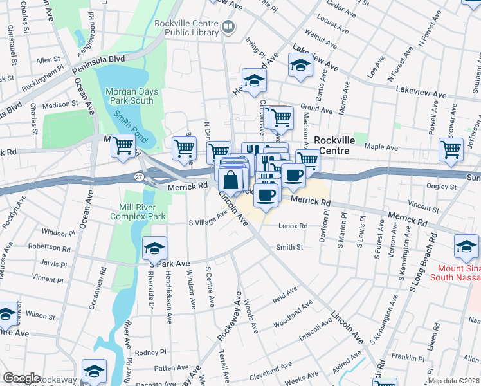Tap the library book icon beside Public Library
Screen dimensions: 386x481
point(228,26)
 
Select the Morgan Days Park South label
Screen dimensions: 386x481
point(129,95)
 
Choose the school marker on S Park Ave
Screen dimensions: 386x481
point(155,248)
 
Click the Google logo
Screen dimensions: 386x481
point(22,378)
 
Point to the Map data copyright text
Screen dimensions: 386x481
point(454,381)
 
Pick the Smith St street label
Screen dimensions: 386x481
point(289,247)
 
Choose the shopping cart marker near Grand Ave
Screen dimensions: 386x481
point(280,118)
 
